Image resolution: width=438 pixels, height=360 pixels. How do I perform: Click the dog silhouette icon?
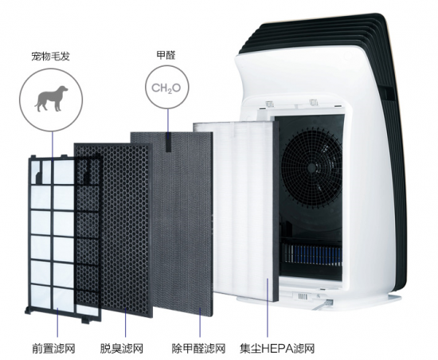(51, 99)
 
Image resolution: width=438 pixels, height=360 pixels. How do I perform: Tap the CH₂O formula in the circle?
(166, 88)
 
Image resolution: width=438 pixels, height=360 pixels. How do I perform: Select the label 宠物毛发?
(50, 56)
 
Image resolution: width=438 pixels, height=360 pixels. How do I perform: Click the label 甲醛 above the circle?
(166, 55)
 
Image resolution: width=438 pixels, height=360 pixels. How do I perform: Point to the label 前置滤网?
(53, 348)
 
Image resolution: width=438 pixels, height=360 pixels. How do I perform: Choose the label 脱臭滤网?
(122, 348)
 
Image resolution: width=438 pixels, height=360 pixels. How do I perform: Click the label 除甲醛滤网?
(198, 348)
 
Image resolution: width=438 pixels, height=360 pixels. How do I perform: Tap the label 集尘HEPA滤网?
(277, 348)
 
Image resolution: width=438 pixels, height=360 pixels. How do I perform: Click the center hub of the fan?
(312, 168)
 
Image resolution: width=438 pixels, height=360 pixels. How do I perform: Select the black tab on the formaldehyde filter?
(169, 143)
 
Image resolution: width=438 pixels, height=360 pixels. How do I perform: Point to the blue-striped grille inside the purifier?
(311, 252)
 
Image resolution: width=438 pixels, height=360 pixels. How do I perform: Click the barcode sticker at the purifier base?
(303, 295)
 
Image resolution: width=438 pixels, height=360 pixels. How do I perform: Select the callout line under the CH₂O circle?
(168, 120)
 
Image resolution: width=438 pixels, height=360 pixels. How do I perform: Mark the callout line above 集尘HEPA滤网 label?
(268, 307)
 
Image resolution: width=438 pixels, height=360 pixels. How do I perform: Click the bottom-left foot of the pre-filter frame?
(28, 310)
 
